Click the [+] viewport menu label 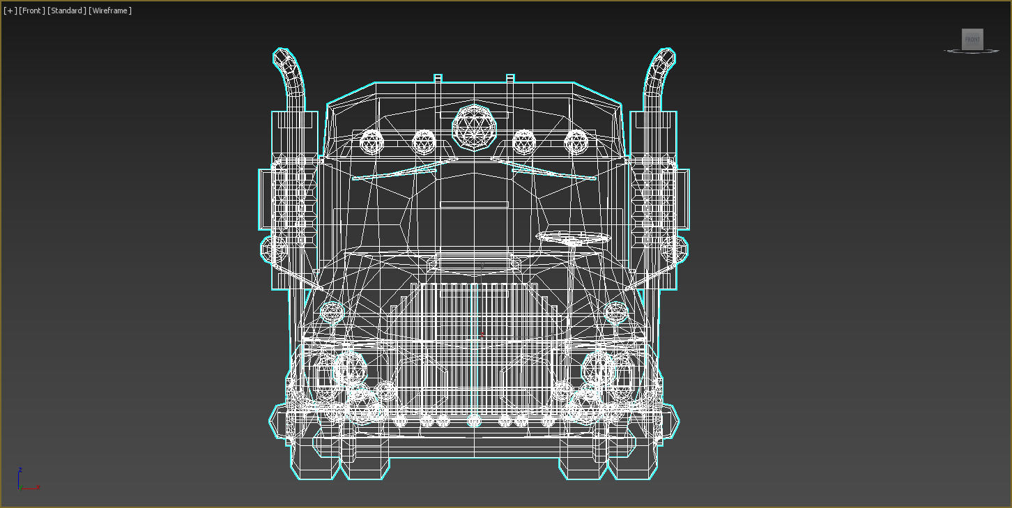point(10,10)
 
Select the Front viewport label point(31,10)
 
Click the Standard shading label point(67,10)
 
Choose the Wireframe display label point(110,10)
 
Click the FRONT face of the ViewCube point(972,40)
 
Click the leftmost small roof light point(372,142)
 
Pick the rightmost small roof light point(576,142)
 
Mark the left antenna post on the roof point(438,78)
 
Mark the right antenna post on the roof point(510,78)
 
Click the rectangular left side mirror point(266,199)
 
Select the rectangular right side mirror point(683,199)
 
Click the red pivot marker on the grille point(481,337)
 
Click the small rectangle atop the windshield point(474,204)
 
